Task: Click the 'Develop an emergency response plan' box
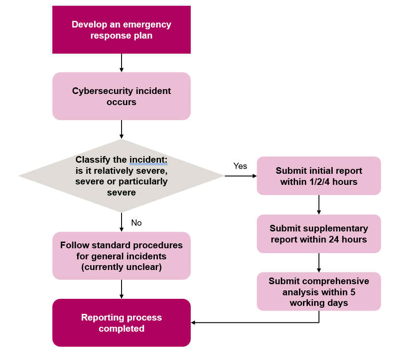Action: (x=121, y=30)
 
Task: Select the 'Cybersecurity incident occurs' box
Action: (x=121, y=96)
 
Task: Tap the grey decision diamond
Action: (x=121, y=176)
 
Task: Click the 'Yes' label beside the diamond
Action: (x=240, y=166)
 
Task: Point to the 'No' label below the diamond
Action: (x=136, y=223)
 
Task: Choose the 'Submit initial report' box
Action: (x=318, y=176)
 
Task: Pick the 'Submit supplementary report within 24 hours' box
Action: (x=318, y=234)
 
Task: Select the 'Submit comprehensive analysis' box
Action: (x=318, y=291)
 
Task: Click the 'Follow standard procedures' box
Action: (x=121, y=256)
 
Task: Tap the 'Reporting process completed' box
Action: (x=121, y=323)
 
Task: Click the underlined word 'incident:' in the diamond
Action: (x=148, y=160)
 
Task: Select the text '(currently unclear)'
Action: (x=121, y=267)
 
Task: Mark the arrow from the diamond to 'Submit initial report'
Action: (x=240, y=176)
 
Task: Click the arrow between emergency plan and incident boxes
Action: (x=122, y=63)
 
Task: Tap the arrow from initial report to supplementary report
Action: (x=318, y=205)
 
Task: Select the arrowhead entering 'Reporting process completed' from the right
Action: (x=194, y=322)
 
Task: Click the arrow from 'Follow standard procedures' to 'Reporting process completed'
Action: (x=122, y=289)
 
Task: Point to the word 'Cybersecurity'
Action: (x=97, y=91)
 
